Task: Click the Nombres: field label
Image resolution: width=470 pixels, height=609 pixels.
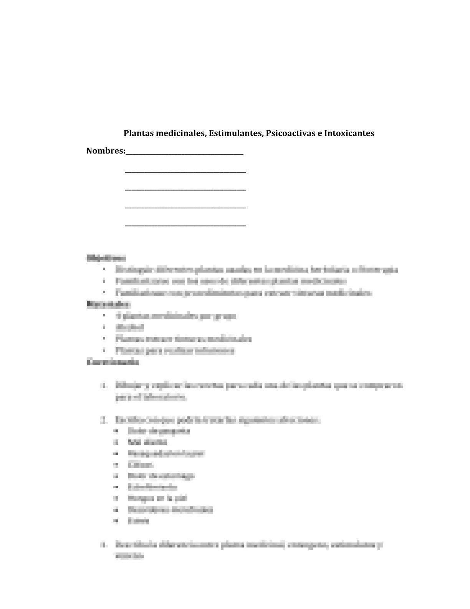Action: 106,151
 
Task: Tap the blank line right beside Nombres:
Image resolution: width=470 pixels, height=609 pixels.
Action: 185,153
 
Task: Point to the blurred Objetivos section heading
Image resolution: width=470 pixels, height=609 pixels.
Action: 106,258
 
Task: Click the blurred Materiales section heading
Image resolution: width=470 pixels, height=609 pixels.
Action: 109,304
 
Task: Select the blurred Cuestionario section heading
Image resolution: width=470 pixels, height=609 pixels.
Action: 113,362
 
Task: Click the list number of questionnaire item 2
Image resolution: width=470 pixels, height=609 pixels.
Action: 103,420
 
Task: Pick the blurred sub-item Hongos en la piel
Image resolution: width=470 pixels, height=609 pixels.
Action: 157,499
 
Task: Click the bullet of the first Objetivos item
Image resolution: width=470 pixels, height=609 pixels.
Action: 104,270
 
